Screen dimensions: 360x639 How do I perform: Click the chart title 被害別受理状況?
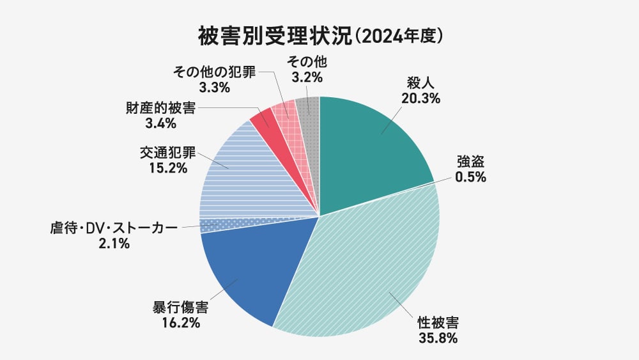(275, 35)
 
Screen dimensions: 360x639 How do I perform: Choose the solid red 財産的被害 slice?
(261, 118)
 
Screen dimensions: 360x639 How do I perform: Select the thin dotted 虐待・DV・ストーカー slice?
(217, 225)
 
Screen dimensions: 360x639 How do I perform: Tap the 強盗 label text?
(470, 162)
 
